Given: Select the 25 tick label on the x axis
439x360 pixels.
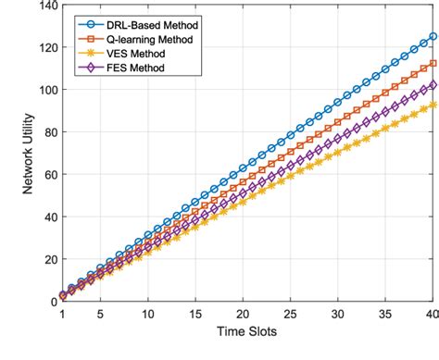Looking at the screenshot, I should click(x=290, y=314).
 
